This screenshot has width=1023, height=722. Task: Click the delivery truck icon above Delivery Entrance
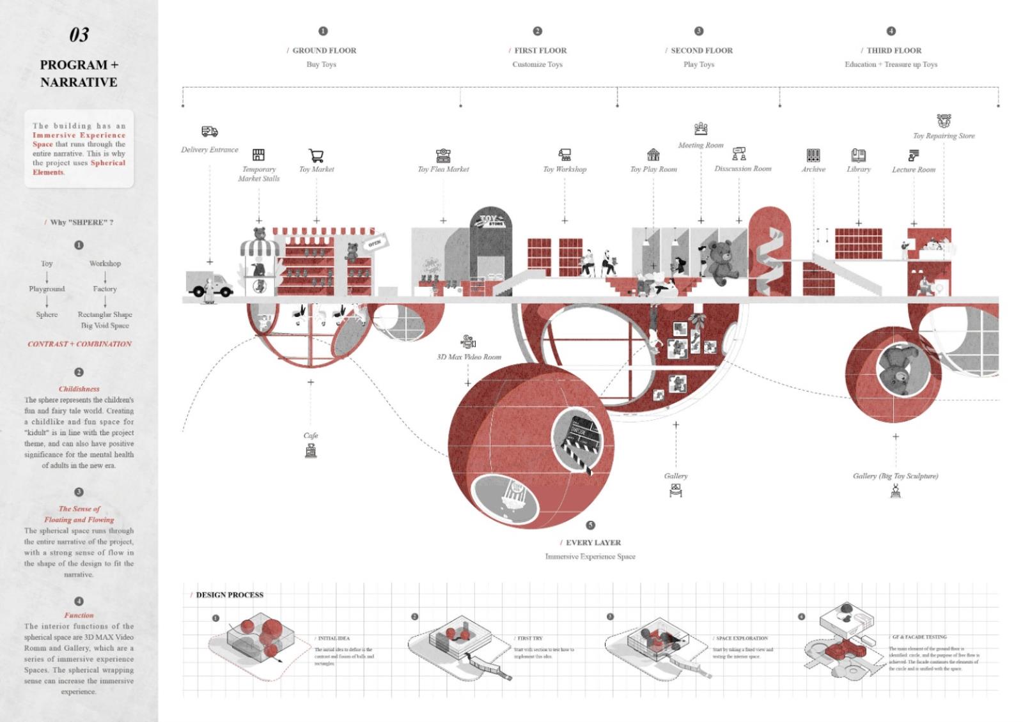209,132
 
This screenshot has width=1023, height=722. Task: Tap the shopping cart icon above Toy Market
316,155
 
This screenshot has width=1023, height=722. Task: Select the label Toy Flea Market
443,169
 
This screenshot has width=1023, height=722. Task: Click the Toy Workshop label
565,169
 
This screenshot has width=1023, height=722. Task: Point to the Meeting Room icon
701,129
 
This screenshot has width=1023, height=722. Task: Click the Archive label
813,169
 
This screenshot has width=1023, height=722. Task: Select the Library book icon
858,155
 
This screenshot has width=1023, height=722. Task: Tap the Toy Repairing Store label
944,135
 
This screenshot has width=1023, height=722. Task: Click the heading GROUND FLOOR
324,50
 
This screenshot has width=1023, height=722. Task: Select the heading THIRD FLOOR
894,50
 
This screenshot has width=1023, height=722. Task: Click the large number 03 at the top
79,35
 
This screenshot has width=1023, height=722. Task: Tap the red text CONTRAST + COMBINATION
79,344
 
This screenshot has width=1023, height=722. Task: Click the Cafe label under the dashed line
311,435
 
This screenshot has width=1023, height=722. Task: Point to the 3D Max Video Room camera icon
468,342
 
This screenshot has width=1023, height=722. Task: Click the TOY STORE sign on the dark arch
491,221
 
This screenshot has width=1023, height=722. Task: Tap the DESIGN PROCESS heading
230,595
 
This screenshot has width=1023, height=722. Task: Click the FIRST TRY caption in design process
529,638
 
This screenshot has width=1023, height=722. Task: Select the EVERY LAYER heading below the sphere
593,542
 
